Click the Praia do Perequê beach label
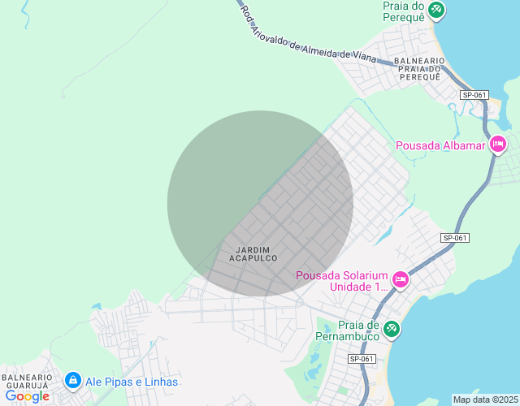point(405,11)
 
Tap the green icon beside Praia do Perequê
point(437,10)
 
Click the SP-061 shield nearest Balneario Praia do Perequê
point(474,95)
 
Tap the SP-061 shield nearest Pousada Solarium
point(456,238)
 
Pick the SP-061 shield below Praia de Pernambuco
point(362,359)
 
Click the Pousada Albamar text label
point(440,146)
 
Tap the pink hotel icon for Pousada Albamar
point(498,145)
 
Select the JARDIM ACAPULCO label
point(253,253)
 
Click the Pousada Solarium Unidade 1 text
point(342,280)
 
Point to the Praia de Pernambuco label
point(351,330)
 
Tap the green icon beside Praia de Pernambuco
point(392,328)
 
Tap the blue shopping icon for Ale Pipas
point(73,380)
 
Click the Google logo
point(27,396)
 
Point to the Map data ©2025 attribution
point(484,400)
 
